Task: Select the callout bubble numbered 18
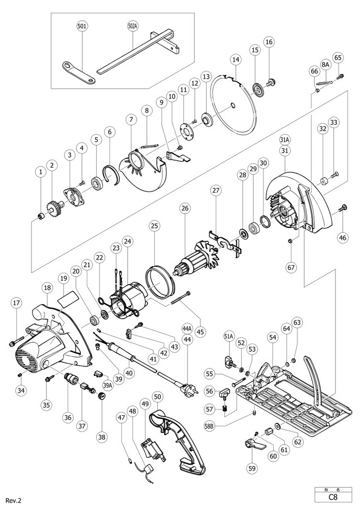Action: pyautogui.click(x=47, y=288)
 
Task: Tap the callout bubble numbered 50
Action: pyautogui.click(x=157, y=397)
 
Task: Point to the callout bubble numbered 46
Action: pyautogui.click(x=343, y=238)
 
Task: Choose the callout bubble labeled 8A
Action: pyautogui.click(x=325, y=65)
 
